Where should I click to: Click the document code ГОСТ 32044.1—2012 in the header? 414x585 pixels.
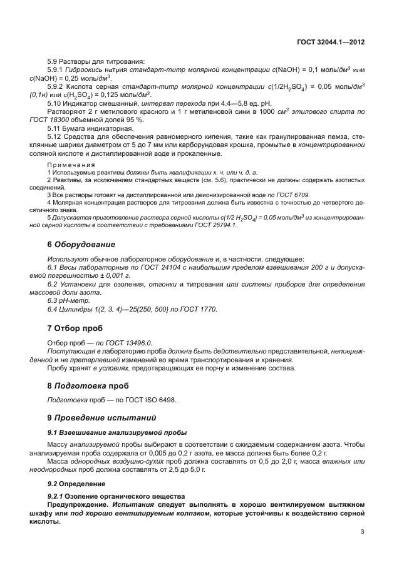(330, 42)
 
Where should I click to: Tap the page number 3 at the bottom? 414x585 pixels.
(362, 532)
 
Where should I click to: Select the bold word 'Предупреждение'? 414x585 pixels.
(78, 504)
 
